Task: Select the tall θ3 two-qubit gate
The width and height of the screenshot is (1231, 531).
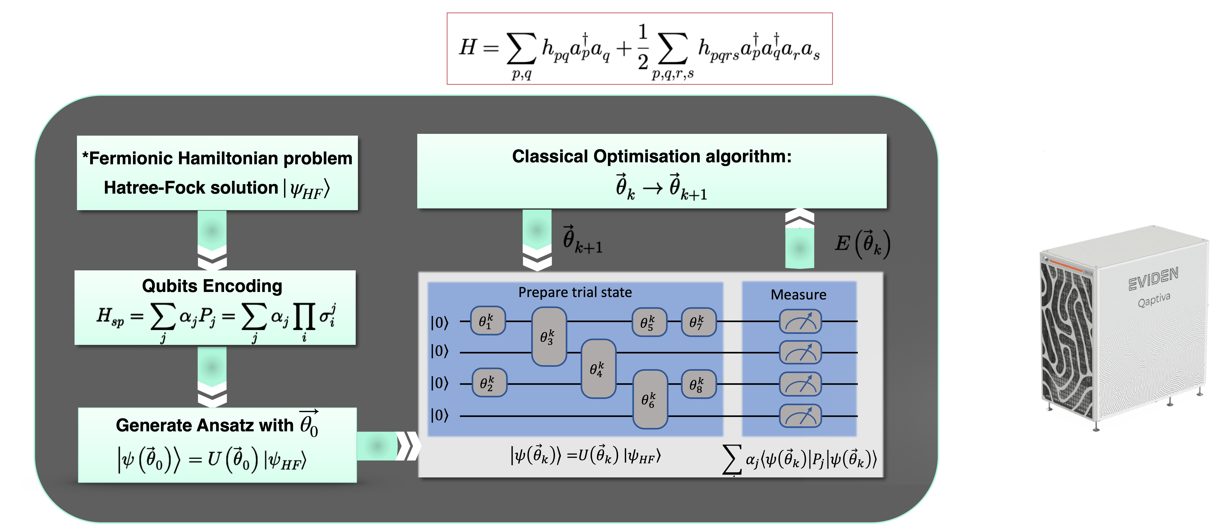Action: (549, 337)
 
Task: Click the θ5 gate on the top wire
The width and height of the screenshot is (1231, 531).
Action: (649, 322)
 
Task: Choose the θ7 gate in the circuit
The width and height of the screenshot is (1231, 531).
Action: (698, 322)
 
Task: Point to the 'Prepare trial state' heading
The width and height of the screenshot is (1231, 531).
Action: (575, 292)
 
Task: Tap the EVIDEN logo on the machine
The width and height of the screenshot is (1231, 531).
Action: (1153, 279)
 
